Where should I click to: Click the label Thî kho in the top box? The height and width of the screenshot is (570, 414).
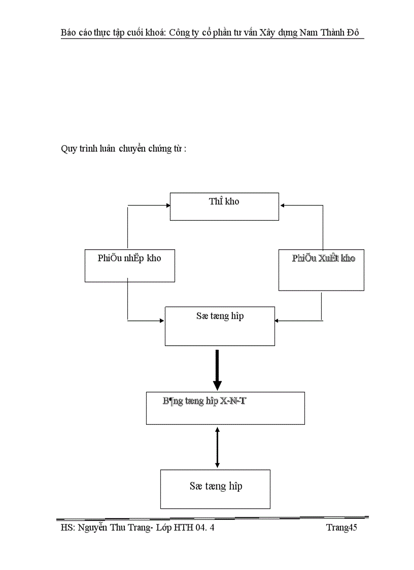point(224,202)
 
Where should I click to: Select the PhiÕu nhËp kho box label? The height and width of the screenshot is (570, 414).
point(129,258)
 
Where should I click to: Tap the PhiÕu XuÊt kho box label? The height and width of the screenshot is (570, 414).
point(324,258)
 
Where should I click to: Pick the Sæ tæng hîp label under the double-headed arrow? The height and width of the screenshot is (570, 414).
point(216,486)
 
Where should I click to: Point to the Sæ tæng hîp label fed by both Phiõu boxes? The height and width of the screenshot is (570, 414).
point(220,316)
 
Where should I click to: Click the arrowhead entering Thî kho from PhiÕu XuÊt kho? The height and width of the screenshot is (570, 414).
point(283,206)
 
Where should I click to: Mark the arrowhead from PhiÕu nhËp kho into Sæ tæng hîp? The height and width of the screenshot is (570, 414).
point(162,320)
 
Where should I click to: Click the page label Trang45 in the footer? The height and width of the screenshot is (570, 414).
point(341,528)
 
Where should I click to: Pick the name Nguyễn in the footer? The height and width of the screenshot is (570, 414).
point(93,528)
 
